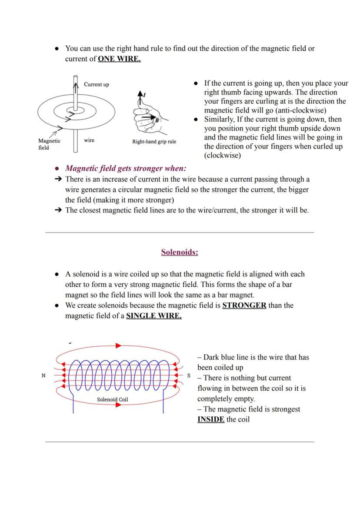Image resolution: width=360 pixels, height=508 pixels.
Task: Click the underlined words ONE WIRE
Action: coord(119,59)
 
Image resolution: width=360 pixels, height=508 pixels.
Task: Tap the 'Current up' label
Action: coord(96,84)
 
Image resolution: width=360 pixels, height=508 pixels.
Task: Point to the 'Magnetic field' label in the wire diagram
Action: coord(49,144)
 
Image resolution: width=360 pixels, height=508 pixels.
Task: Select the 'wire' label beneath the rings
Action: coord(89,140)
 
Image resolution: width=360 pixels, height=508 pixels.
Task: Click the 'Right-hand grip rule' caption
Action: coord(154,142)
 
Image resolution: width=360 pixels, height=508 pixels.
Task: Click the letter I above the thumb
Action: coord(145,94)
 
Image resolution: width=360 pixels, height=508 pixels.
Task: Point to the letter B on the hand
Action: coord(157,120)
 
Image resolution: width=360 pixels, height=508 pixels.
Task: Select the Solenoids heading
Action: coord(179,252)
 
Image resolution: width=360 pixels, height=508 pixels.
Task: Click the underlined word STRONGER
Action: coord(244,305)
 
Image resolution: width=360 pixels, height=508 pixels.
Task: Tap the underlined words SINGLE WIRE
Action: coord(153,316)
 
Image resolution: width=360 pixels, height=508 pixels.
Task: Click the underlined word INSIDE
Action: coord(211,419)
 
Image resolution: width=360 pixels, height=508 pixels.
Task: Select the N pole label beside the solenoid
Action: coord(43,375)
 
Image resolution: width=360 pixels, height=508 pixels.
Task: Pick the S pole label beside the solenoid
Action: coord(188,375)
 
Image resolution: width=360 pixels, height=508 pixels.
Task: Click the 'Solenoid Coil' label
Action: coord(112,399)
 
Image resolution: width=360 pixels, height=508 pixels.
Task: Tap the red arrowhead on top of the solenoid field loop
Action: coord(118,346)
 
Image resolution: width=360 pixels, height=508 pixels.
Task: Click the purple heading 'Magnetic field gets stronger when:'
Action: coord(125,169)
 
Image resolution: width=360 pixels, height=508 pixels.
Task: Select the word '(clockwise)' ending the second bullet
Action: coord(222,155)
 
